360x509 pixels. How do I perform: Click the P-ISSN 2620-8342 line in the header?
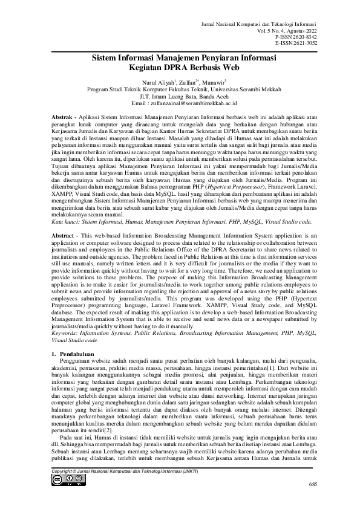coord(300,36)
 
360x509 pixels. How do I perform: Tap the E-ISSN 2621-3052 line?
coord(300,42)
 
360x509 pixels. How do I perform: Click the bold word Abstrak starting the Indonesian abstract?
coord(62,115)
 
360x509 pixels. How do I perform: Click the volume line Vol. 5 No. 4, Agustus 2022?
coord(283,30)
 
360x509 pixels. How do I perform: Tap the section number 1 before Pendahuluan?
coord(54,351)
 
